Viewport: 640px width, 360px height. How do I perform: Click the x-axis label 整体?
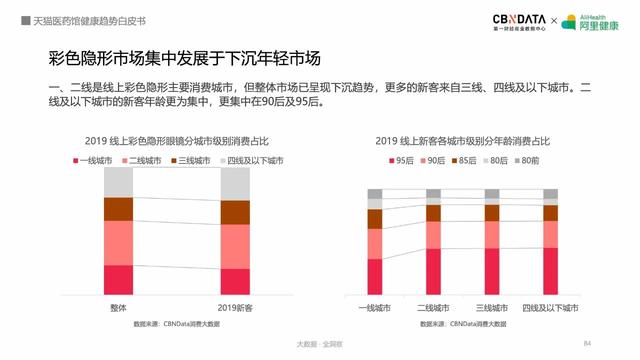(118, 307)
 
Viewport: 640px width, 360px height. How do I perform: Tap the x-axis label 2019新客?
(235, 307)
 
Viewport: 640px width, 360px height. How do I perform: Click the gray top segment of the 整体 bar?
(118, 183)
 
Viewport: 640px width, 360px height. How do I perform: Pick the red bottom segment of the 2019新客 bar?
(235, 281)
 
